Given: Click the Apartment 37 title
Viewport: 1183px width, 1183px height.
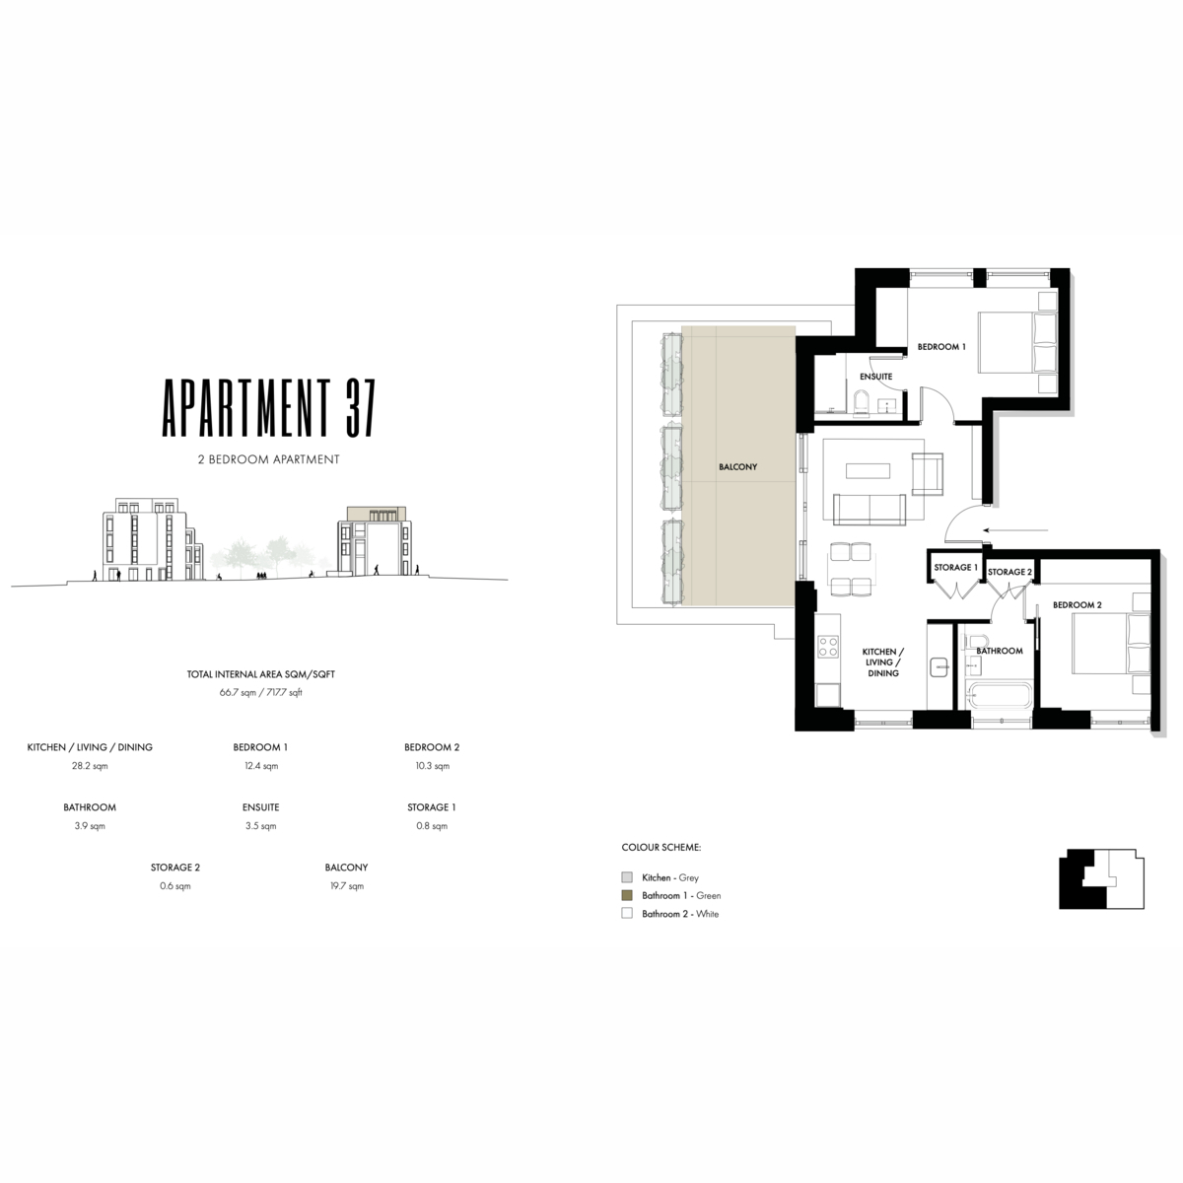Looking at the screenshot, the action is tap(268, 407).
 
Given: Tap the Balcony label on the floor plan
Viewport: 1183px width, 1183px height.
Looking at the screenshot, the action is tap(737, 467).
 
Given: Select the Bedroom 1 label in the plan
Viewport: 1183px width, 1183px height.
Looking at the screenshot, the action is tap(941, 347).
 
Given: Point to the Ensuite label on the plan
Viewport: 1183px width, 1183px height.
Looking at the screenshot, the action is tap(875, 377).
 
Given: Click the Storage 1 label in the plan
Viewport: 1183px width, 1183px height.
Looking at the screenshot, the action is tap(955, 567).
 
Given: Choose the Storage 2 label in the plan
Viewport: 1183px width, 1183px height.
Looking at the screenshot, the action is tap(1009, 572).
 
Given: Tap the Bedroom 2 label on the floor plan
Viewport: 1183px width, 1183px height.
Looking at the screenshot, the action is tap(1077, 604).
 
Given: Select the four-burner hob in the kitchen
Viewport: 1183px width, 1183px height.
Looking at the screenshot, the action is tap(827, 647).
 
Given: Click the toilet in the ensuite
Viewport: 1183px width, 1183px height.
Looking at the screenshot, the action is tap(861, 403).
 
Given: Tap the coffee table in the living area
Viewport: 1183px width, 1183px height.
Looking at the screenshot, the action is tap(868, 471).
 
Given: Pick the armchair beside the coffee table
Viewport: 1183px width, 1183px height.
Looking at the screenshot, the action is tap(927, 474).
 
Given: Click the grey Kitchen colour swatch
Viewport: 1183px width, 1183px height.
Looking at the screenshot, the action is tap(627, 877).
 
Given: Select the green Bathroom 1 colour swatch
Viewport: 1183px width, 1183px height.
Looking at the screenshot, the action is tap(627, 895).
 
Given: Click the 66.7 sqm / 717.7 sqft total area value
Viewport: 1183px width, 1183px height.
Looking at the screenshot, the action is tap(261, 692).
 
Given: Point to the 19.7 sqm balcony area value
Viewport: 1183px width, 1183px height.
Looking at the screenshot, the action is tap(347, 886).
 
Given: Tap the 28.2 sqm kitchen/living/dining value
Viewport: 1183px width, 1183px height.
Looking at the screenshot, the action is tap(90, 766).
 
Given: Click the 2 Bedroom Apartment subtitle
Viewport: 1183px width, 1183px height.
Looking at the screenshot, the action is tap(268, 459).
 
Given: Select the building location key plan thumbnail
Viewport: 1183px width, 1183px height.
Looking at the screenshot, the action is tap(1101, 878).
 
